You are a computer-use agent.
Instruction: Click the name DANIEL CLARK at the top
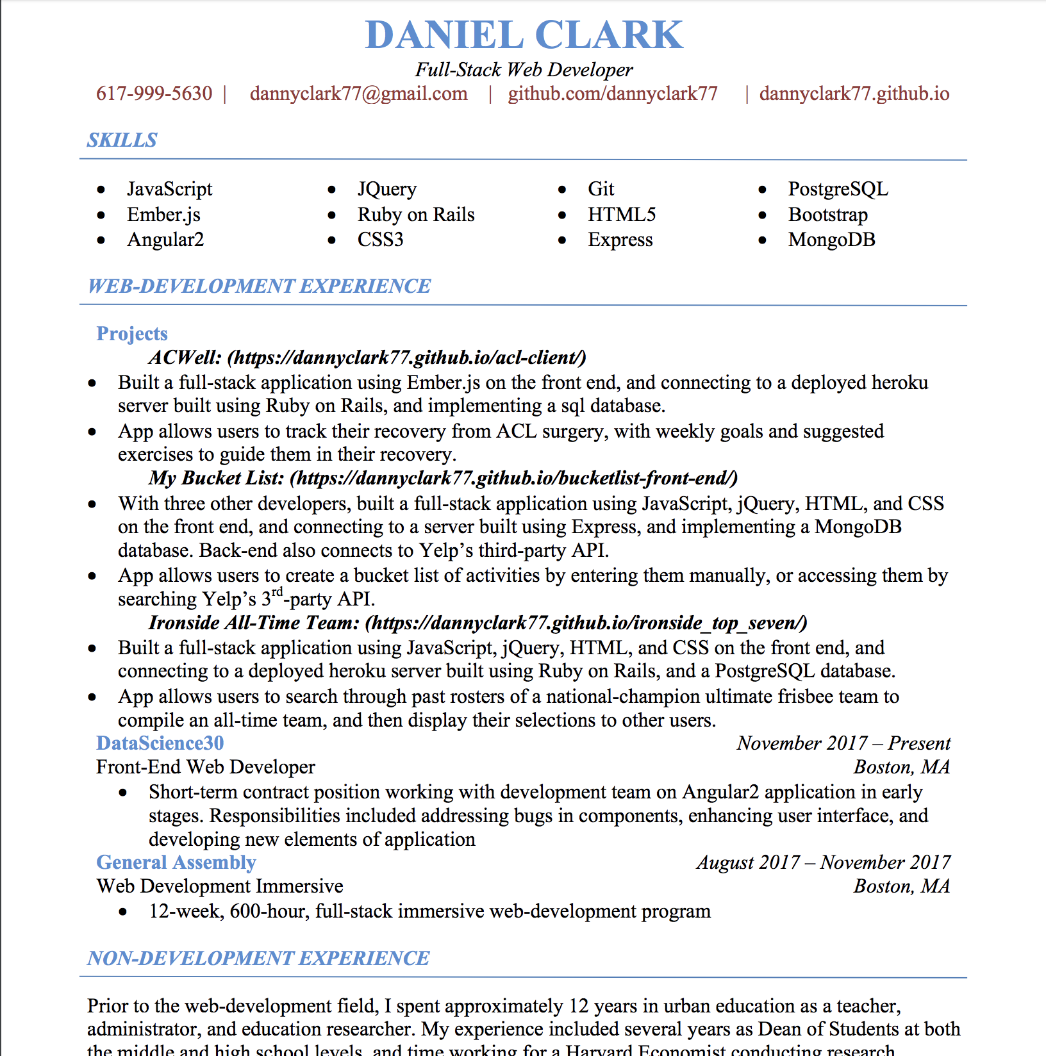[x=524, y=35]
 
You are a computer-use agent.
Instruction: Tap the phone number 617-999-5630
[x=154, y=94]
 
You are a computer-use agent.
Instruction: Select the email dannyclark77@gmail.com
[x=358, y=94]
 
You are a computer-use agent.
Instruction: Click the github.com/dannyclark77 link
[x=612, y=94]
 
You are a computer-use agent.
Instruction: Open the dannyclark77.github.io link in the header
[x=854, y=94]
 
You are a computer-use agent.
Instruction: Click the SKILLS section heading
[x=122, y=140]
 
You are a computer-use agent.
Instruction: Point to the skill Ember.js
[x=163, y=215]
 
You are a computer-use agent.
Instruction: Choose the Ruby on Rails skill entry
[x=415, y=215]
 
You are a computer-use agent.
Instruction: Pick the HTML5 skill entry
[x=622, y=215]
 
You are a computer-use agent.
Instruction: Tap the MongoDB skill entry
[x=831, y=240]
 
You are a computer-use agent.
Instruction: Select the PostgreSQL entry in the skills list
[x=838, y=189]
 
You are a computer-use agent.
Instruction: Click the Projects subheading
[x=131, y=333]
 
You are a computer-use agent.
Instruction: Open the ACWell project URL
[x=406, y=358]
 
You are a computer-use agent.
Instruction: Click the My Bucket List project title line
[x=442, y=478]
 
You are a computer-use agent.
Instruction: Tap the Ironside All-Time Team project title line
[x=477, y=623]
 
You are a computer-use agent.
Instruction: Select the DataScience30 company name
[x=160, y=743]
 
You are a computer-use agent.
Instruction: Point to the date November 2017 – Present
[x=843, y=743]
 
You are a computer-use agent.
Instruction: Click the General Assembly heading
[x=176, y=862]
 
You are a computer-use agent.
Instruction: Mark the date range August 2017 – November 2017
[x=823, y=862]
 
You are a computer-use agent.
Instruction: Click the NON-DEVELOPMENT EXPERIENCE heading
[x=258, y=958]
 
